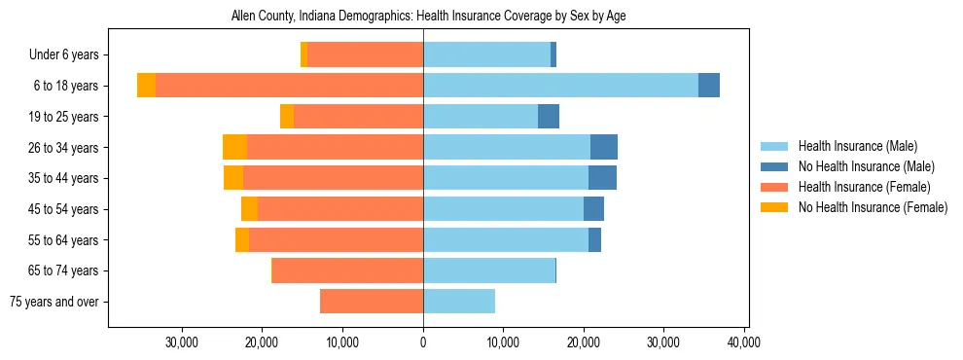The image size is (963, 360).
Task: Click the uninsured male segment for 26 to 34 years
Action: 604,147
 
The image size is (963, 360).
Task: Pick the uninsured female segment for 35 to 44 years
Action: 233,178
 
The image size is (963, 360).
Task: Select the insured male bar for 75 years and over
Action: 459,302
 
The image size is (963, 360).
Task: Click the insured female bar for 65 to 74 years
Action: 347,270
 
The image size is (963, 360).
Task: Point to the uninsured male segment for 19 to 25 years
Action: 549,117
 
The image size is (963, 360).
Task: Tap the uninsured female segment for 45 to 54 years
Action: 250,209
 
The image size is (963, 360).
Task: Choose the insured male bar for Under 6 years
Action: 486,54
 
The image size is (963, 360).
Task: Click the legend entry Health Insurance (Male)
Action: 857,147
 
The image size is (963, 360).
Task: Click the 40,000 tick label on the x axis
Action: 743,342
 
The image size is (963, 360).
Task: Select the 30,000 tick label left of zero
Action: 183,342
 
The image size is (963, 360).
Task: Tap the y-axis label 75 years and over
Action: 54,302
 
